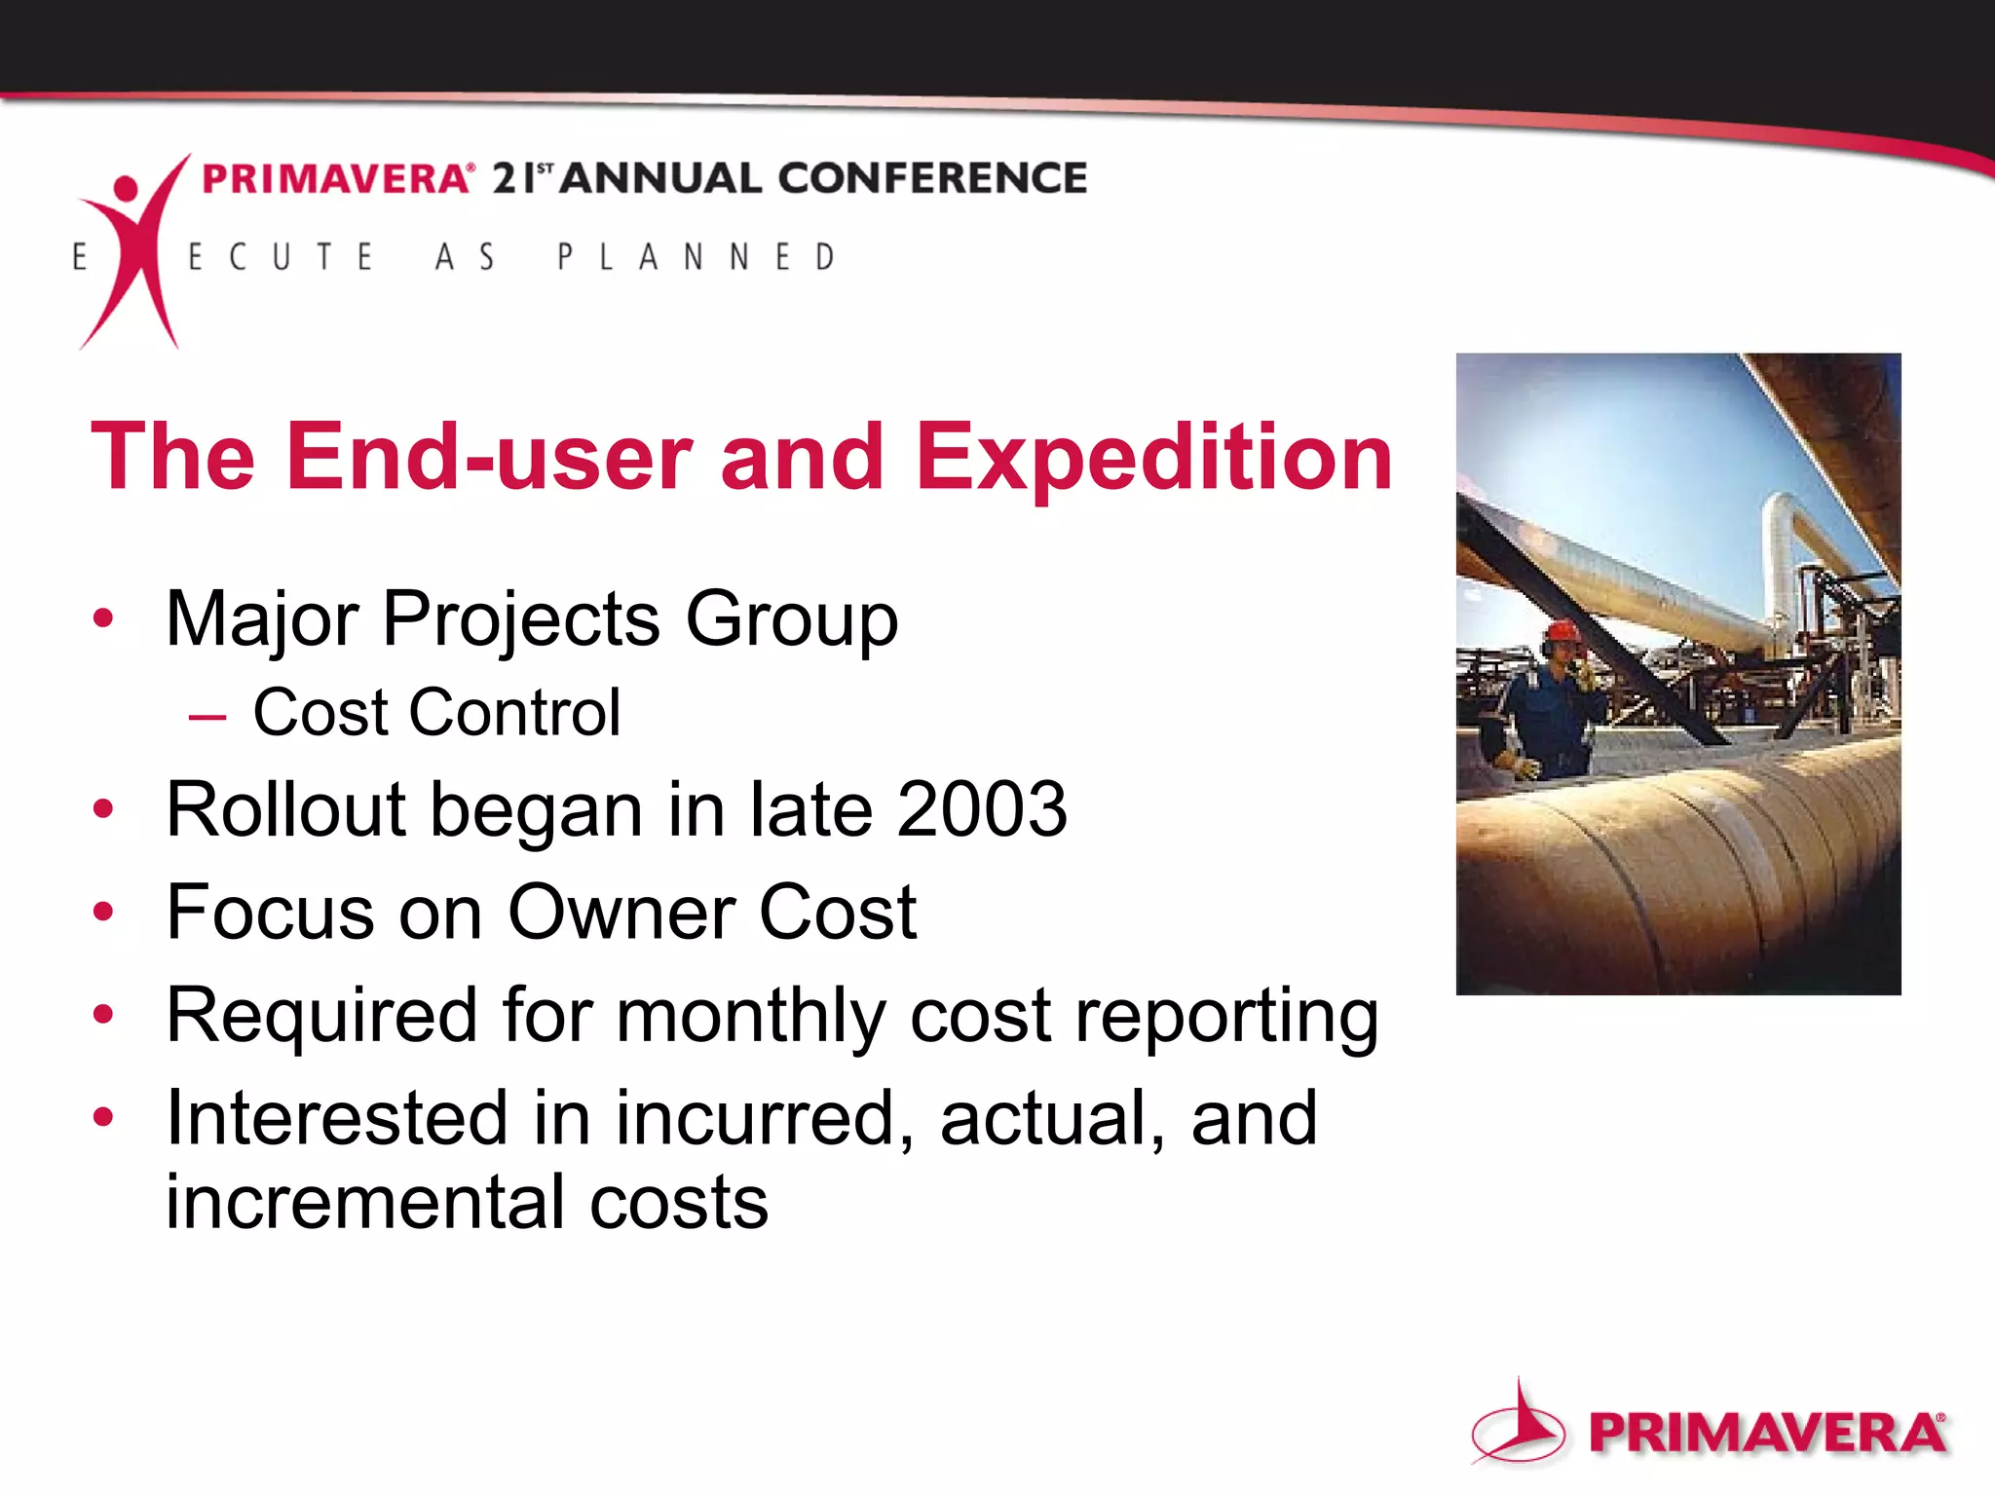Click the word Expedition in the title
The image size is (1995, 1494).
click(x=1153, y=458)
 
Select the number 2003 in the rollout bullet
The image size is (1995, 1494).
click(x=981, y=809)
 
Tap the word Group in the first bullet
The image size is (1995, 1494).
click(x=791, y=619)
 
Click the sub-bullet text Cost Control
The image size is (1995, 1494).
click(x=436, y=713)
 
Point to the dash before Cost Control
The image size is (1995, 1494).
click(x=207, y=719)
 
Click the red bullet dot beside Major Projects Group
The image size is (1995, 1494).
click(x=103, y=617)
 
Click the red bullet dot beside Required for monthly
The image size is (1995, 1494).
click(x=103, y=1015)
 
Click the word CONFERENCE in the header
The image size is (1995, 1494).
click(x=931, y=179)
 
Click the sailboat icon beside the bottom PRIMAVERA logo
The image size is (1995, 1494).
click(x=1519, y=1425)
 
